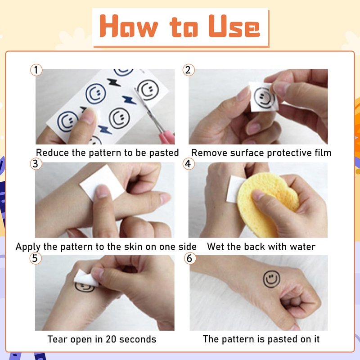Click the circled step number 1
coord(36,70)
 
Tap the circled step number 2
coord(189,70)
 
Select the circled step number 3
coord(36,164)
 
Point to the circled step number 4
coord(189,164)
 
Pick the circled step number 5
coord(36,258)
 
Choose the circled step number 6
coord(190,258)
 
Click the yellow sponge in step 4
coord(267,204)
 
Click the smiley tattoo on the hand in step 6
coord(272,279)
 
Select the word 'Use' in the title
coord(234,27)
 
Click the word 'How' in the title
coord(129,26)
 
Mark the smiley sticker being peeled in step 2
coord(264,97)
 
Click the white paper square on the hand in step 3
coord(102,183)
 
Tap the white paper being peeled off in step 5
coord(86,278)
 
